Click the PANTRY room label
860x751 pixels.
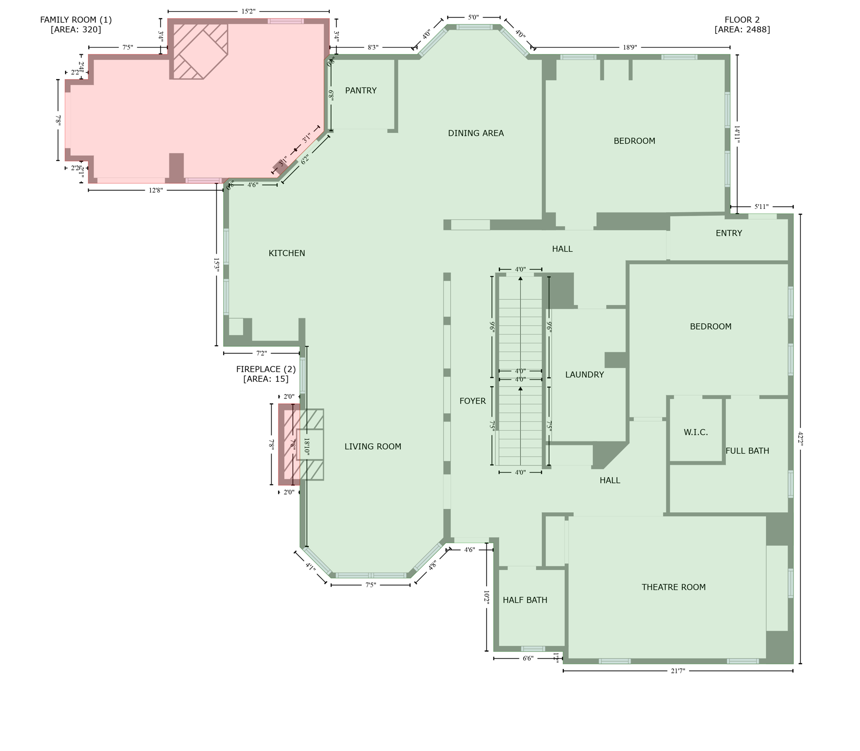coord(361,90)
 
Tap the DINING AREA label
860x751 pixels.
coord(475,133)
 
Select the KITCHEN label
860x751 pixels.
coord(286,253)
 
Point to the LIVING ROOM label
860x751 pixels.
coord(372,446)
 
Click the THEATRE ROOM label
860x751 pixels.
coord(673,587)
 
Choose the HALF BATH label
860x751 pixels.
coord(525,600)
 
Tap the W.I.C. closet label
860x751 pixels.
coord(696,432)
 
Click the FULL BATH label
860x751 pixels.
coord(747,451)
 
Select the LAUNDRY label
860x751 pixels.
coord(584,375)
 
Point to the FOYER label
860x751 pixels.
coord(472,401)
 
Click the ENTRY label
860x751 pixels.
coord(728,233)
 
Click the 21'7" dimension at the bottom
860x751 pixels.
coord(677,671)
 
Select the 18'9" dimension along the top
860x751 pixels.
coord(630,47)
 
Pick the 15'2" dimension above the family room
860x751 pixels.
coord(248,11)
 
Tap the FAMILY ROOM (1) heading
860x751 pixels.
coord(76,20)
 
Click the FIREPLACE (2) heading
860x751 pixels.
coord(266,369)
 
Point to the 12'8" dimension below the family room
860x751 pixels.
coord(155,190)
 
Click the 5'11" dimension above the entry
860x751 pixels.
coord(761,207)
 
